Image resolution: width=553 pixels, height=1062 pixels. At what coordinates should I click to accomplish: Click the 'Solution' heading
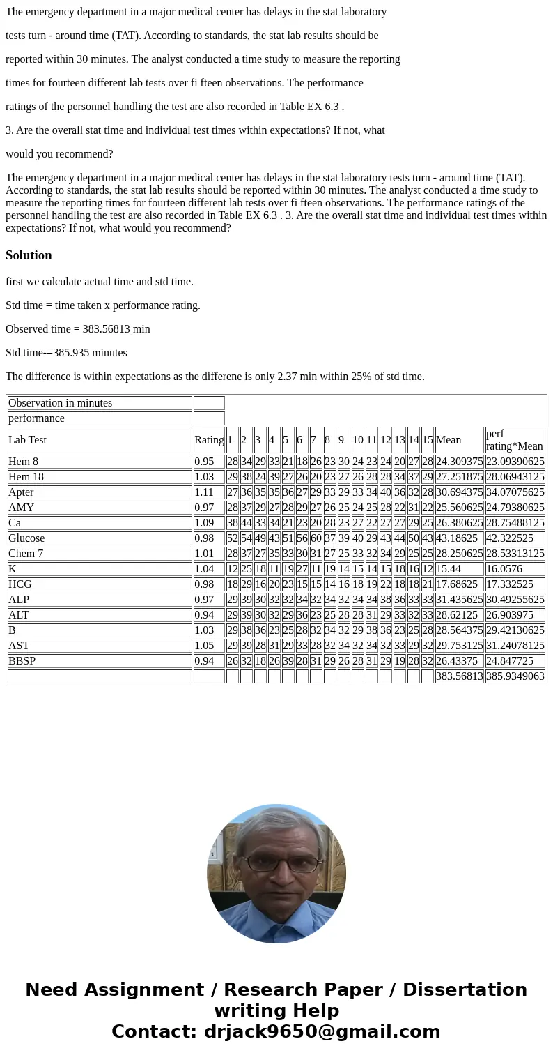pyautogui.click(x=29, y=255)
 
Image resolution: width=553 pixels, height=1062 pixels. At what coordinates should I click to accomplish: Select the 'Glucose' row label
pyautogui.click(x=26, y=538)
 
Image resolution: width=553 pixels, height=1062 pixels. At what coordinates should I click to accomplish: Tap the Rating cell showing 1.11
pyautogui.click(x=205, y=492)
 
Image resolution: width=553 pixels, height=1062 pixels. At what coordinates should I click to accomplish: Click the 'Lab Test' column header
pyautogui.click(x=28, y=440)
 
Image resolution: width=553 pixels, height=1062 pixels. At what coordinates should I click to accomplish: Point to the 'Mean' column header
pyautogui.click(x=449, y=440)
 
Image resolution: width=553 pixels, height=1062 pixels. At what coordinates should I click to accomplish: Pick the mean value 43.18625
pyautogui.click(x=457, y=538)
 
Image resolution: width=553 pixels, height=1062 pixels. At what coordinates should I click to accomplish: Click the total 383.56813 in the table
pyautogui.click(x=459, y=676)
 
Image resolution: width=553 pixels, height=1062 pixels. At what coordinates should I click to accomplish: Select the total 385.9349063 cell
pyautogui.click(x=515, y=676)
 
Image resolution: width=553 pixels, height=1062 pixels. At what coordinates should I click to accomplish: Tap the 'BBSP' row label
pyautogui.click(x=22, y=661)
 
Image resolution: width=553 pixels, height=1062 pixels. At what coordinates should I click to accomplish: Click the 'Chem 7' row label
pyautogui.click(x=26, y=554)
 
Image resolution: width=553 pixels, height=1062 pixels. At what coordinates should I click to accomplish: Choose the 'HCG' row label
pyautogui.click(x=20, y=584)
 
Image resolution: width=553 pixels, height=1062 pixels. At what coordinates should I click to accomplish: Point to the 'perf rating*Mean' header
pyautogui.click(x=515, y=440)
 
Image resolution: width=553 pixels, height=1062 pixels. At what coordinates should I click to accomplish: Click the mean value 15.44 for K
pyautogui.click(x=449, y=569)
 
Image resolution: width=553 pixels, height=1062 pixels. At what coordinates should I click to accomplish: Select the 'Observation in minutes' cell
pyautogui.click(x=61, y=403)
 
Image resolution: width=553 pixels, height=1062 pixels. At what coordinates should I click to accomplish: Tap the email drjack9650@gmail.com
pyautogui.click(x=322, y=1031)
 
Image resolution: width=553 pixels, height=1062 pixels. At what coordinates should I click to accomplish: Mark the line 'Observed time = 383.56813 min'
pyautogui.click(x=78, y=329)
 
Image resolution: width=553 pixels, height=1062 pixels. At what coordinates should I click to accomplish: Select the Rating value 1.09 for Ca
pyautogui.click(x=205, y=523)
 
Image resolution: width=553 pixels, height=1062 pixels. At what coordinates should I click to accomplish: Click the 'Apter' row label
pyautogui.click(x=21, y=492)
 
